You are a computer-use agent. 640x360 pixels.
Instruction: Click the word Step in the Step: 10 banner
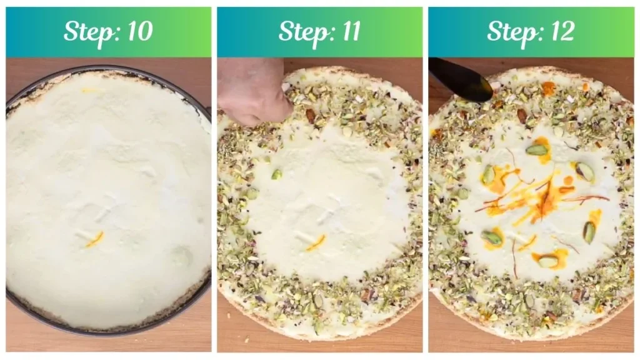pyautogui.click(x=90, y=32)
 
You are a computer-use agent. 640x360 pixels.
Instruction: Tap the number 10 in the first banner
pyautogui.click(x=140, y=31)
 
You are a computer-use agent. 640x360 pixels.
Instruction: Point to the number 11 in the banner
pyautogui.click(x=351, y=31)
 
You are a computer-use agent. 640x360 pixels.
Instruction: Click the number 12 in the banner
pyautogui.click(x=562, y=31)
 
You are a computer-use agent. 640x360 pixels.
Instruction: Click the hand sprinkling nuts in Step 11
pyautogui.click(x=254, y=92)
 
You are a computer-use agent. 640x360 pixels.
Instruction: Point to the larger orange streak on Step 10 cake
pyautogui.click(x=95, y=239)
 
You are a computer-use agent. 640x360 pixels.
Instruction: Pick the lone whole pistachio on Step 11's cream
pyautogui.click(x=277, y=174)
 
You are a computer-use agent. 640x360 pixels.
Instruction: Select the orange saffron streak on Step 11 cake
pyautogui.click(x=316, y=242)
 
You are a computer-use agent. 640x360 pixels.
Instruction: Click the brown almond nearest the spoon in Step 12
pyautogui.click(x=522, y=116)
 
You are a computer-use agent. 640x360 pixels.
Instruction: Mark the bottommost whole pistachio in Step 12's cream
pyautogui.click(x=545, y=261)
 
